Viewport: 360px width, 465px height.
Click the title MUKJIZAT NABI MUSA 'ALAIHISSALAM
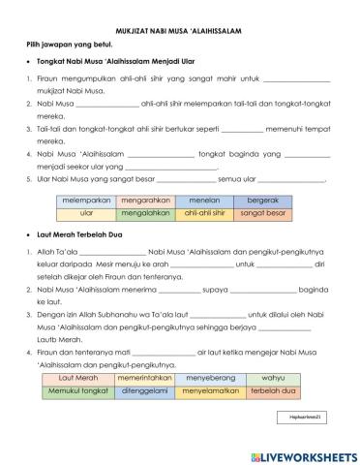(179, 31)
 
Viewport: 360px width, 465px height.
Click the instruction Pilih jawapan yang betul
(65, 46)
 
